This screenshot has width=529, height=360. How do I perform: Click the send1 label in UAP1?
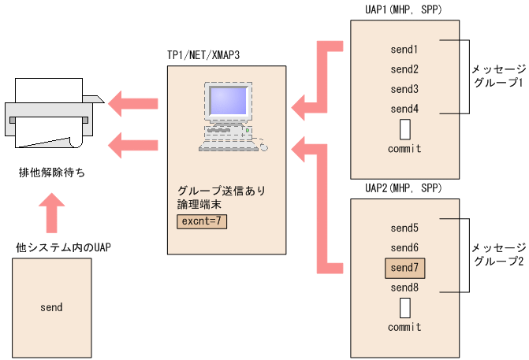404,50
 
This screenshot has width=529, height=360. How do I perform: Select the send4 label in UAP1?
404,109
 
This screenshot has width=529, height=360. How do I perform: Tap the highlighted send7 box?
404,268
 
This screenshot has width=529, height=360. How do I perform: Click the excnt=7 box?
203,222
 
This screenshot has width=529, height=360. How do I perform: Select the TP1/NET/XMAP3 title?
203,57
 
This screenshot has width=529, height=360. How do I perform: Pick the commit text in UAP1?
404,149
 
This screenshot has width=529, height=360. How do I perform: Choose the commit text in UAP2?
404,327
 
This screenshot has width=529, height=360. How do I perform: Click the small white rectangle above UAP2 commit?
404,307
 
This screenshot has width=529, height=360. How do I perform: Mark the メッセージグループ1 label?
497,76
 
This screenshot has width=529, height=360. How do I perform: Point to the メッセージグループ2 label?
497,254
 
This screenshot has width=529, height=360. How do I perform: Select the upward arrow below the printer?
52,213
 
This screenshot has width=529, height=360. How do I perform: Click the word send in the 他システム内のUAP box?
51,307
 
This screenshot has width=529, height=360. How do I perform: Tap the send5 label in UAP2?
404,228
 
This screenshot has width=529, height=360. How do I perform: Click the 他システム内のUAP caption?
64,247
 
